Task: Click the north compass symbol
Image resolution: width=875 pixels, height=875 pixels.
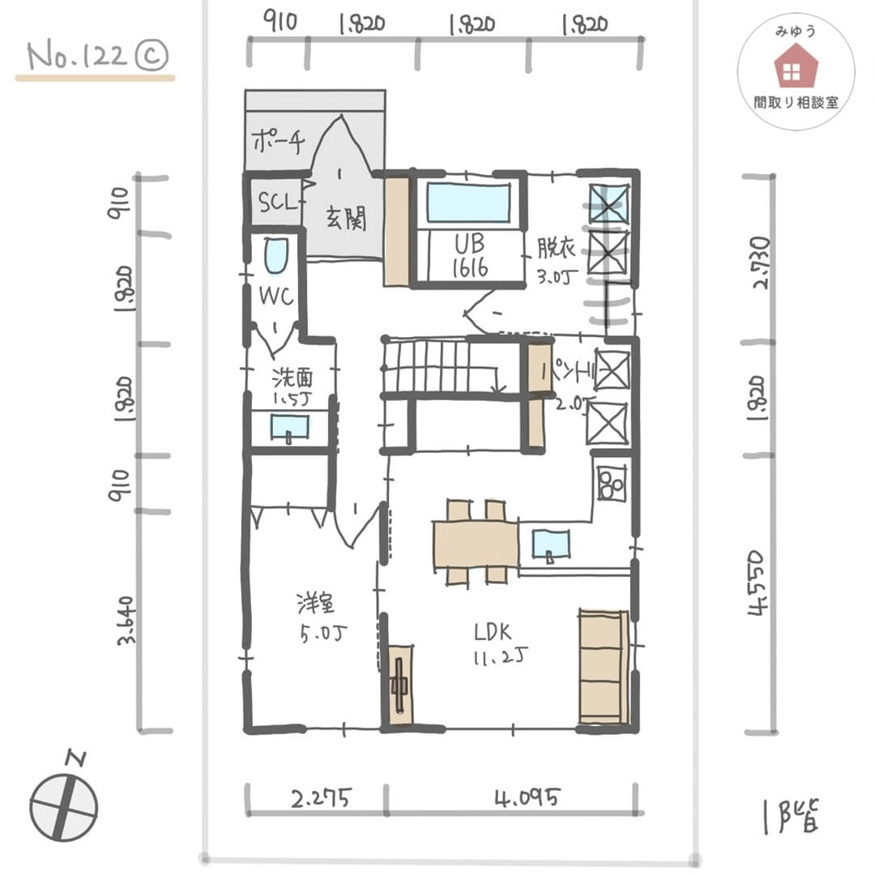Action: [x=64, y=806]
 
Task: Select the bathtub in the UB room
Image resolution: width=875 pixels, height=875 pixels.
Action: [x=469, y=203]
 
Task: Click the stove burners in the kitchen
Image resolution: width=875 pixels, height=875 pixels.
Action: [x=611, y=483]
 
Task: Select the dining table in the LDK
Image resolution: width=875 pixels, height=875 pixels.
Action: [x=476, y=543]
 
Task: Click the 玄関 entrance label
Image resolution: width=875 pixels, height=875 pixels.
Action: [x=346, y=220]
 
